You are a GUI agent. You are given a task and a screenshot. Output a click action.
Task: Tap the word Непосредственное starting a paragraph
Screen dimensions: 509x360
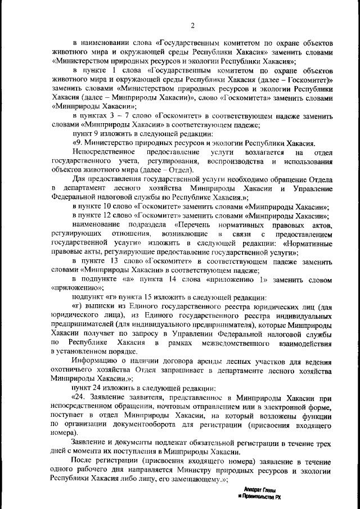tap(103, 152)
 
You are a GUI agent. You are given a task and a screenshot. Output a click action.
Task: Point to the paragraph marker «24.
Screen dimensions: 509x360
tap(79, 398)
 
